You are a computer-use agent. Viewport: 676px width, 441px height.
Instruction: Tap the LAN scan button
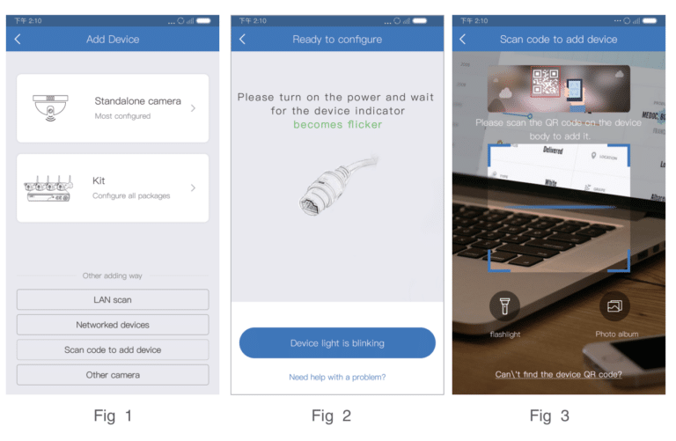[x=113, y=300]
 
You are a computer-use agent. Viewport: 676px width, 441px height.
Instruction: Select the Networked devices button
[x=113, y=325]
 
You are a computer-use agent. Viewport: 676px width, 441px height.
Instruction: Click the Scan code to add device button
[x=113, y=349]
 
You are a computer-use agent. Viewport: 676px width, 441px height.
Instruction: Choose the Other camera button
[x=113, y=375]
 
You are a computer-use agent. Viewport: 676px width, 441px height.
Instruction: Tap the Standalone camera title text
[x=137, y=101]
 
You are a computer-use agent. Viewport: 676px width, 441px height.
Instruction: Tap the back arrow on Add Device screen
[x=18, y=39]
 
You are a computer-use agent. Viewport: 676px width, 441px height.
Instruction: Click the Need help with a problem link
[x=337, y=377]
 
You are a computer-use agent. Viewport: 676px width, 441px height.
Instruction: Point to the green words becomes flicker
[x=337, y=125]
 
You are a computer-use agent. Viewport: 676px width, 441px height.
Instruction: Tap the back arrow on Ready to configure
[x=243, y=39]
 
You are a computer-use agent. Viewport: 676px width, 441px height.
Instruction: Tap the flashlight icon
[x=504, y=305]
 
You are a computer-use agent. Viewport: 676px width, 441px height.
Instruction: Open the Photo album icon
[x=615, y=305]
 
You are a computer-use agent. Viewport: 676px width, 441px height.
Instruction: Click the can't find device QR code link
[x=559, y=374]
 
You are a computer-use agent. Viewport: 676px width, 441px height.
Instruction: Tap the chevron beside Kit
[x=193, y=187]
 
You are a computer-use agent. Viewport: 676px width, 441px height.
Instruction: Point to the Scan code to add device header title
[x=558, y=39]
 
